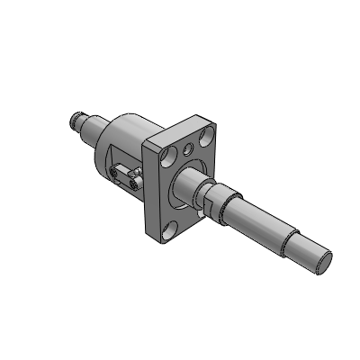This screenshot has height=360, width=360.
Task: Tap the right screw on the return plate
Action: coord(136,183)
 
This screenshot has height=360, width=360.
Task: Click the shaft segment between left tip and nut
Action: coord(91,126)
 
